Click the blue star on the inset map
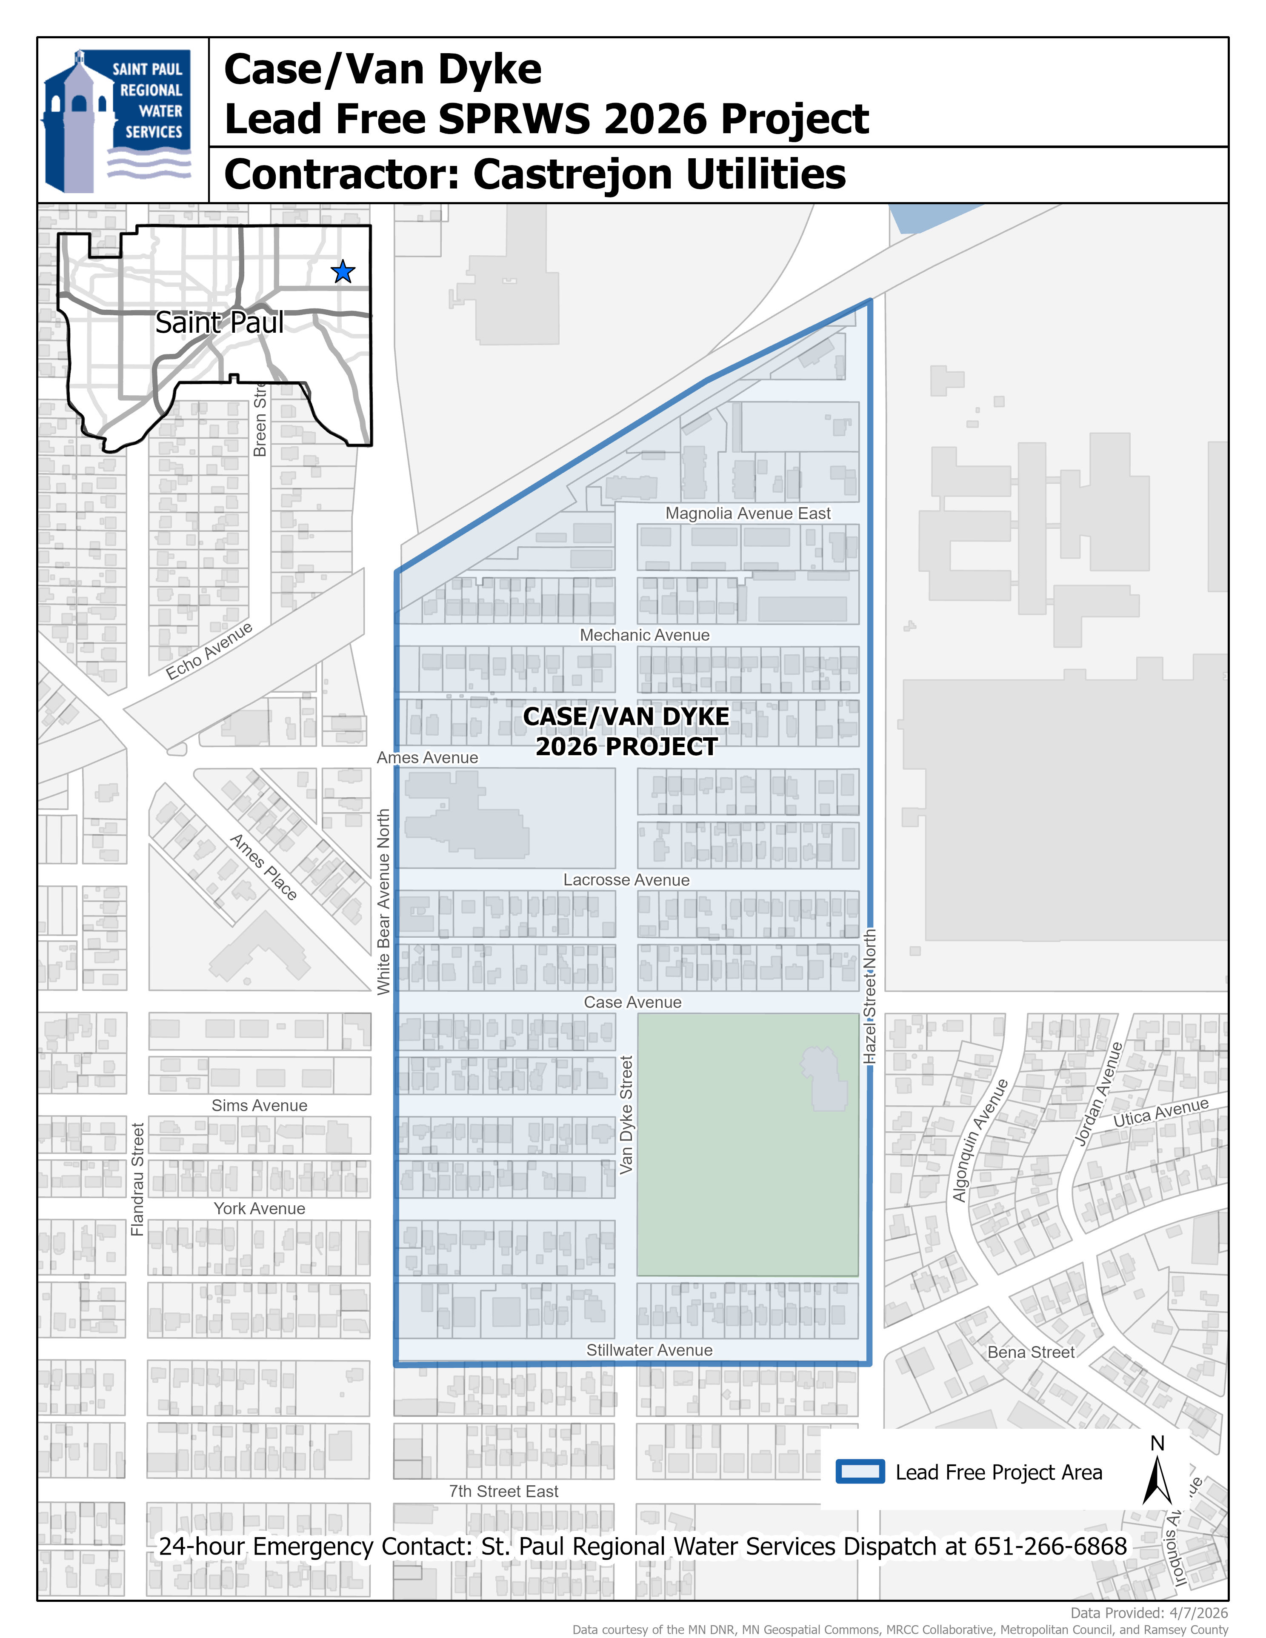(343, 271)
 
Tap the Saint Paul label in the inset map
(219, 322)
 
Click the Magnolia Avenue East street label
(748, 514)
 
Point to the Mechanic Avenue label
(644, 635)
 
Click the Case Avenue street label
(632, 1003)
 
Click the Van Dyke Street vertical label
(627, 1115)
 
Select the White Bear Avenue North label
(383, 902)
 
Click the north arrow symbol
(1157, 1478)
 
